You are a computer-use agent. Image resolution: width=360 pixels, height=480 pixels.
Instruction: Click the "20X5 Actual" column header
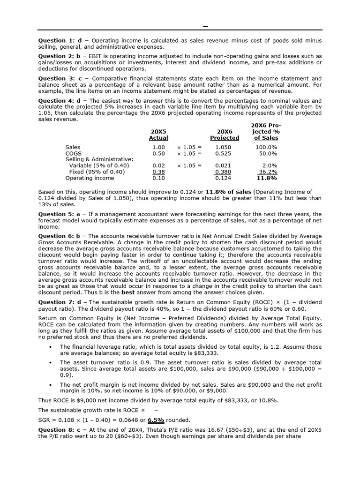click(x=158, y=135)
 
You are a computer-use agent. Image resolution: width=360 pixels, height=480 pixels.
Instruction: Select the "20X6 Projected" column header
click(x=225, y=135)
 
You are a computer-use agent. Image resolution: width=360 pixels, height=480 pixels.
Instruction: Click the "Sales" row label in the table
click(x=73, y=147)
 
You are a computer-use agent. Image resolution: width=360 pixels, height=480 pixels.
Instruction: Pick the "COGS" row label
click(x=74, y=153)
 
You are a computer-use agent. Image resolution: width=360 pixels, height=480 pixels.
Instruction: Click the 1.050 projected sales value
click(x=223, y=147)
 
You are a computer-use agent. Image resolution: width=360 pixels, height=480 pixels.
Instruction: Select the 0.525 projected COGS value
click(x=223, y=153)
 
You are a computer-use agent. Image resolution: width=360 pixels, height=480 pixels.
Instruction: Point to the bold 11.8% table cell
click(x=267, y=178)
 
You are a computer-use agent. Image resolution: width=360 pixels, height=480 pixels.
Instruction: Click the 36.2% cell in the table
click(x=268, y=172)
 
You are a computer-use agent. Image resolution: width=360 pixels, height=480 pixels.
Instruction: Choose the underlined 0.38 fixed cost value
click(x=159, y=172)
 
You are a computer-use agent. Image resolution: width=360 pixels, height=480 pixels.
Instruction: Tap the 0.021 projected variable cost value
click(x=223, y=165)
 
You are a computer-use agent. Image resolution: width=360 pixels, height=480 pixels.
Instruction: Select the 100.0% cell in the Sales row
click(x=266, y=147)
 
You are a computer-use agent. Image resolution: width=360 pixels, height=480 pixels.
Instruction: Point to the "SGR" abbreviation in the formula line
click(x=45, y=420)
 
